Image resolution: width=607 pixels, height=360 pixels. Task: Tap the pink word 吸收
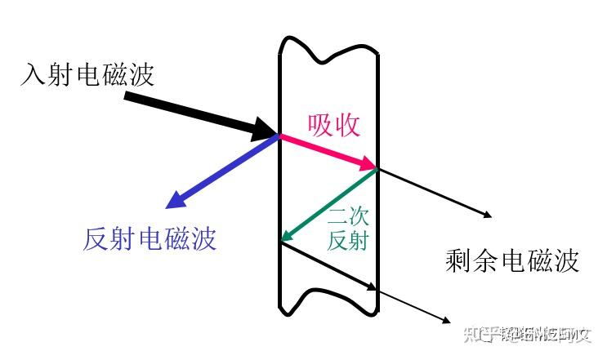[333, 123]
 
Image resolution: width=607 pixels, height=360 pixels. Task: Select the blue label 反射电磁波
[150, 238]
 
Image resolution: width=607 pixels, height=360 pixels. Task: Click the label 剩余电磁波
[512, 260]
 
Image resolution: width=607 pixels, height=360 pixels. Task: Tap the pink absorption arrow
[327, 153]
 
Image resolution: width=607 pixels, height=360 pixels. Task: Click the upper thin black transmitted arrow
[433, 193]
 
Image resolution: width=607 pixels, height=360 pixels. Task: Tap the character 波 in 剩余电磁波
[565, 260]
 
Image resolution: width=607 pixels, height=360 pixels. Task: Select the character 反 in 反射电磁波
[96, 238]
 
